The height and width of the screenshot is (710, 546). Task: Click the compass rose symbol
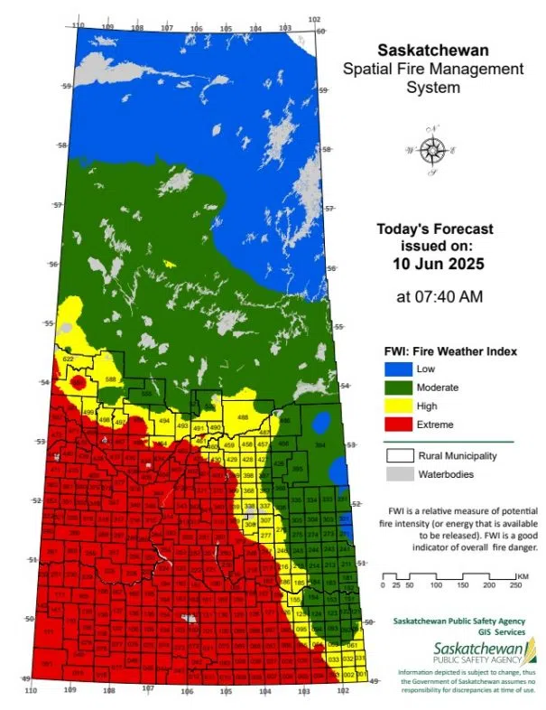[434, 149]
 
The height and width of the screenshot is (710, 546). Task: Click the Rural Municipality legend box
[399, 456]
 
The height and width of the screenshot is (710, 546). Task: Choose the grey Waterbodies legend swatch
[399, 474]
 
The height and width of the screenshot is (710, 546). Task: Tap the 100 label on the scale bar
[436, 585]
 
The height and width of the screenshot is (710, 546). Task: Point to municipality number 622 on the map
[68, 360]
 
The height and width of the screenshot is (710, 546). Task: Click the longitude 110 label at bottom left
[31, 690]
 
